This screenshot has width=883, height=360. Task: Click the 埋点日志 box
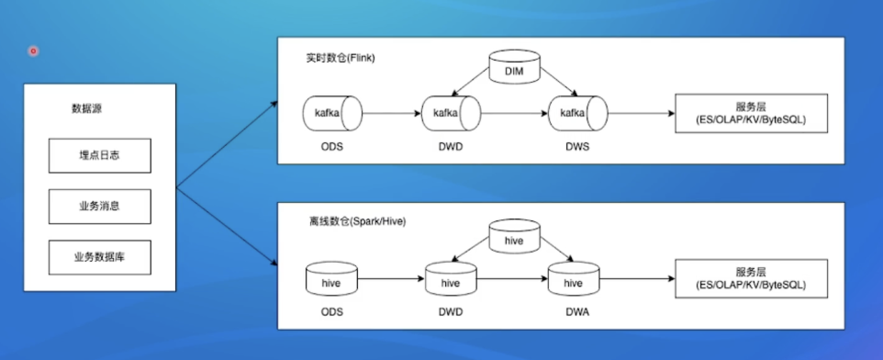[100, 155]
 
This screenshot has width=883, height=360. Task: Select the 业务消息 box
[100, 207]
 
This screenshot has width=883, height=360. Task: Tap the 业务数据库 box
[100, 257]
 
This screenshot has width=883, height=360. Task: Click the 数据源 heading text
[86, 108]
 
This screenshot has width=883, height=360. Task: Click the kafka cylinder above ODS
[332, 113]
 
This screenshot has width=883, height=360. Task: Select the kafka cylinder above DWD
[451, 113]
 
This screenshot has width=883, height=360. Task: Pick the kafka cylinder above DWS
[577, 113]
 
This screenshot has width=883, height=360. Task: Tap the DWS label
[577, 147]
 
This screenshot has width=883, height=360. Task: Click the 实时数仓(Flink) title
[341, 59]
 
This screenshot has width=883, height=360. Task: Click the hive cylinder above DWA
[574, 279]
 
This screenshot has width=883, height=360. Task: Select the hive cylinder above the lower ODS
[331, 279]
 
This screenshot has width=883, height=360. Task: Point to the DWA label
[577, 312]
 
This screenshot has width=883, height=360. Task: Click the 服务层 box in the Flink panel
[751, 113]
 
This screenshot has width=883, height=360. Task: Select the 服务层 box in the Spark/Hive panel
[751, 278]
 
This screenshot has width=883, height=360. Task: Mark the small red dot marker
[33, 51]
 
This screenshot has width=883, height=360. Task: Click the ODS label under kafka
[331, 147]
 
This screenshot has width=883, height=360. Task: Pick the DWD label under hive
[451, 312]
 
